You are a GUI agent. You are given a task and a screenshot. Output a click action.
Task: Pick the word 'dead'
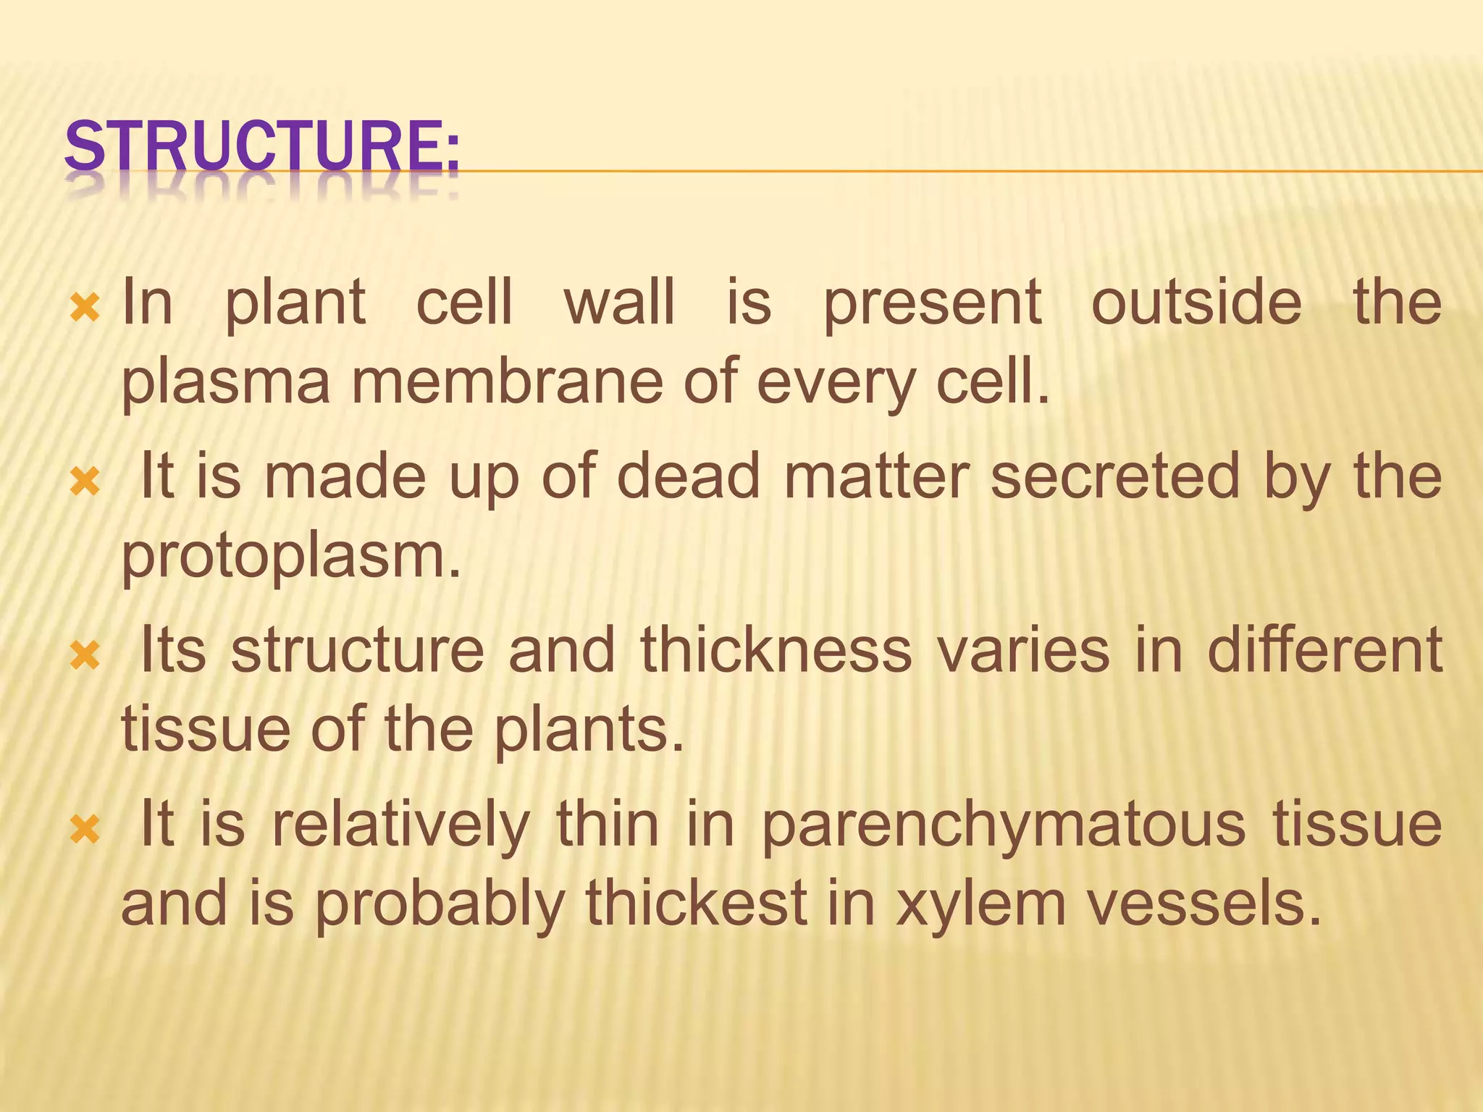(688, 476)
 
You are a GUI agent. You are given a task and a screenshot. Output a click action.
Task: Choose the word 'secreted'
(1115, 476)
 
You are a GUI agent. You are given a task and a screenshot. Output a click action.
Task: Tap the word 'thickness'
(776, 649)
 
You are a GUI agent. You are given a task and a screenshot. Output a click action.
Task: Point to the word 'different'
(1324, 649)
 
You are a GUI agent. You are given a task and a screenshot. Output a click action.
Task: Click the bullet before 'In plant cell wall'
(85, 308)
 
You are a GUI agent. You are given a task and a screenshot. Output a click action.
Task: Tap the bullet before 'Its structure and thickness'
(85, 656)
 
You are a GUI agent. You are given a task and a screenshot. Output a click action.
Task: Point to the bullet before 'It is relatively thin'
(85, 830)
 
